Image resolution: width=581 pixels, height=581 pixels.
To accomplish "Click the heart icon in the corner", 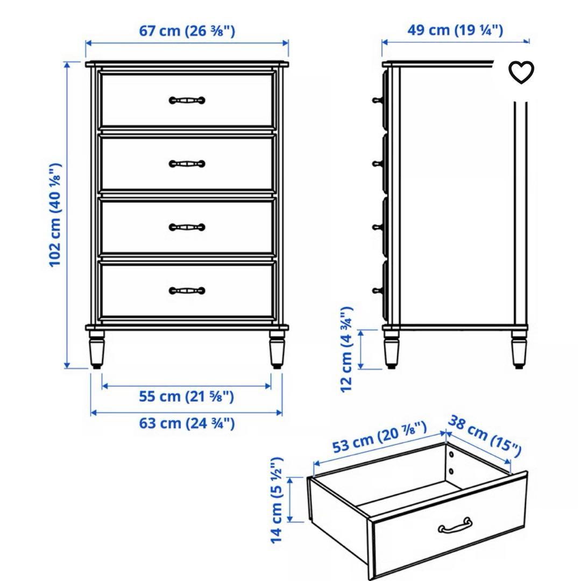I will (521, 73).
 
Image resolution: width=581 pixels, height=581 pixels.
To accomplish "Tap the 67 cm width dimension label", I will (187, 31).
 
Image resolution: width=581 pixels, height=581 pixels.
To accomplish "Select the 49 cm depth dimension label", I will (455, 30).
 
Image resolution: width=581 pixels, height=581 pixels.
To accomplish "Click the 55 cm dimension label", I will (186, 397).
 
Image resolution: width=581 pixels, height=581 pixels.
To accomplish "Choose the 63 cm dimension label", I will (186, 423).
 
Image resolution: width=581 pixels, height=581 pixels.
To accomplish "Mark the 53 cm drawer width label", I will (380, 437).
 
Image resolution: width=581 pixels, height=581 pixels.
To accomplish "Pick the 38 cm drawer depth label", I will (485, 435).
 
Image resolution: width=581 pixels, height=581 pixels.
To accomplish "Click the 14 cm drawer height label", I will (277, 500).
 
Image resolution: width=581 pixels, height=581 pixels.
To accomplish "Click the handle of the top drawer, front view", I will (187, 100).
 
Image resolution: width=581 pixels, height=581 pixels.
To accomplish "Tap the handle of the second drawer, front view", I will (187, 164).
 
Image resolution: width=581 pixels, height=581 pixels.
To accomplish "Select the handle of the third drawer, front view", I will (187, 227).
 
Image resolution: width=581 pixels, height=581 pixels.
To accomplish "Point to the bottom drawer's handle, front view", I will (187, 291).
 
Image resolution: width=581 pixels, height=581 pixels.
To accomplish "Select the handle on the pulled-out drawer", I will (455, 526).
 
